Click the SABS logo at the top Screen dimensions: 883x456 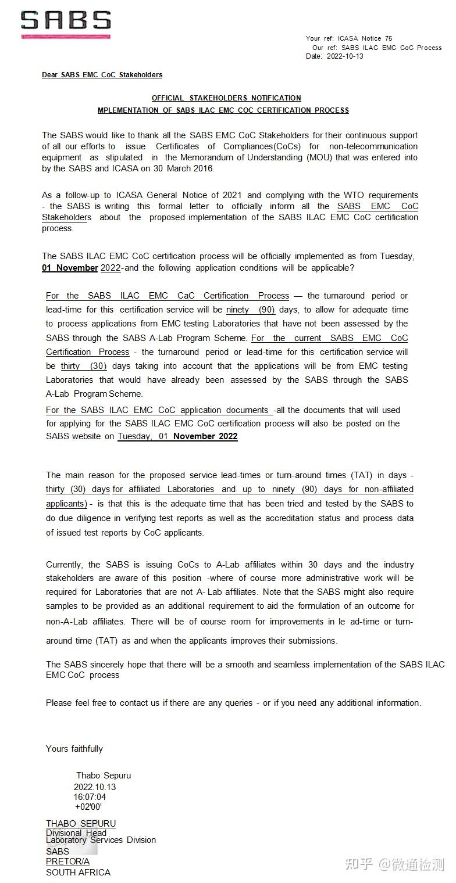point(66,22)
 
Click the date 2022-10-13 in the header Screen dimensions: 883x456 point(345,56)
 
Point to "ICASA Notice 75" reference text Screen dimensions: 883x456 point(365,38)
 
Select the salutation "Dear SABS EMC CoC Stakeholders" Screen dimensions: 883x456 point(102,75)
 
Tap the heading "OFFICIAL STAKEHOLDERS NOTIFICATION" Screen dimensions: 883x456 point(226,98)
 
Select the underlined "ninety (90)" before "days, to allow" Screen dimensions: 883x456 point(251,310)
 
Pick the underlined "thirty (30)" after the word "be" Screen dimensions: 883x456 point(84,366)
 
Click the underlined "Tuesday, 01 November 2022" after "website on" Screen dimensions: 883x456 point(177,436)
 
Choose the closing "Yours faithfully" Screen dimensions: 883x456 point(74,749)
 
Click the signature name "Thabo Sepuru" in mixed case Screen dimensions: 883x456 point(104,776)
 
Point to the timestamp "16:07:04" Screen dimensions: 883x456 point(90,797)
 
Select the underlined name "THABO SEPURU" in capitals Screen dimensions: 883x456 point(81,824)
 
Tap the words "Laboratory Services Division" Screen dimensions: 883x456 point(101,840)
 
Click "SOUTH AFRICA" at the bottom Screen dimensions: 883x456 point(78,873)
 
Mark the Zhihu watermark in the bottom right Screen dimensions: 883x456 point(394,864)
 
